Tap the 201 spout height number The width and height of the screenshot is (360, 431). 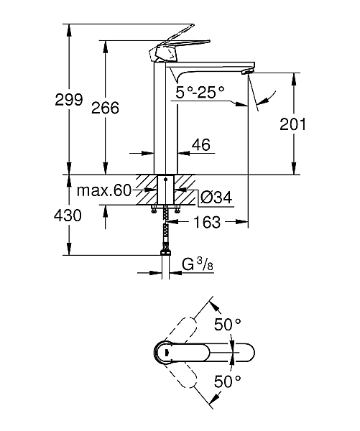pos(292,124)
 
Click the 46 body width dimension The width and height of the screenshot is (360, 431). pos(200,145)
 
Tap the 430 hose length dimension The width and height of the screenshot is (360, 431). pos(68,215)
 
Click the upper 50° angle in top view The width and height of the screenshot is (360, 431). pos(228,324)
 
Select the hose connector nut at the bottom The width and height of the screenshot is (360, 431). pos(167,251)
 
